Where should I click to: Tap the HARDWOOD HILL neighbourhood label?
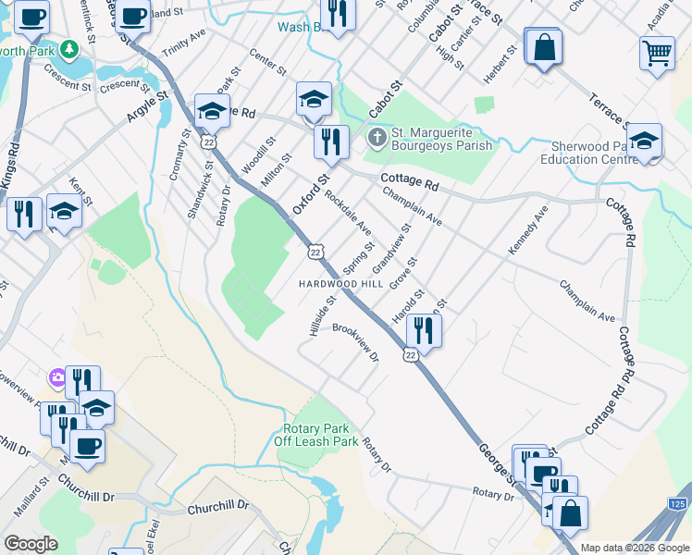point(339,283)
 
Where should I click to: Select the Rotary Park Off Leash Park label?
point(315,436)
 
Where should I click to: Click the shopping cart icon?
point(657,52)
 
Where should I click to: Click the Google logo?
point(31,544)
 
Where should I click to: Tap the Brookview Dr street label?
point(356,342)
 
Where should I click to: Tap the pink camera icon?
point(57,376)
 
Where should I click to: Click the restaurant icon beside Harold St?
point(424,328)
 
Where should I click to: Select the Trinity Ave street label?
point(183,47)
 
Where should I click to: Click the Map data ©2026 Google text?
point(635,548)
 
